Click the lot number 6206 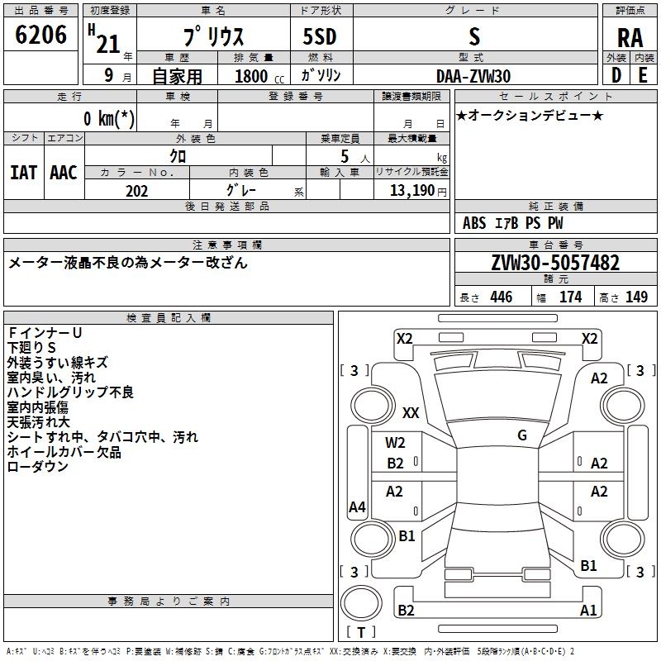point(40,35)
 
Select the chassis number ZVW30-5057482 point(555,263)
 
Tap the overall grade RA point(630,38)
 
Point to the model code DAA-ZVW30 point(473,76)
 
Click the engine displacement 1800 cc point(259,76)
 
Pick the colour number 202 point(136,191)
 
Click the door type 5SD point(320,36)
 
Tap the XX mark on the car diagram point(411,412)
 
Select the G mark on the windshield point(522,435)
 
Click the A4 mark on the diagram point(357,506)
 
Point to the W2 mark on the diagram point(395,443)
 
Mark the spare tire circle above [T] point(361,602)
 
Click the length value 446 point(502,297)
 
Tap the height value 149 point(636,297)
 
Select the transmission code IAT point(23,173)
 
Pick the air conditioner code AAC point(64,173)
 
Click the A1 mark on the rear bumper point(588,610)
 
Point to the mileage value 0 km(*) point(109,118)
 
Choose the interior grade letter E point(643,75)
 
